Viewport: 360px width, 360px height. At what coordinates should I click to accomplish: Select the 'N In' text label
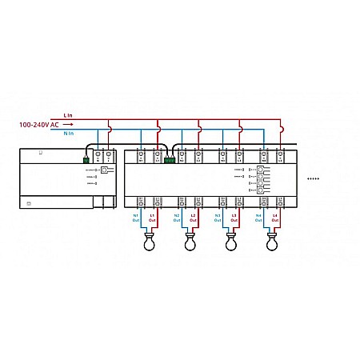click(67, 133)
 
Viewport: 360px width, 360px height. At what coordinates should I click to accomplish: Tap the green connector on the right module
click(169, 160)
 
